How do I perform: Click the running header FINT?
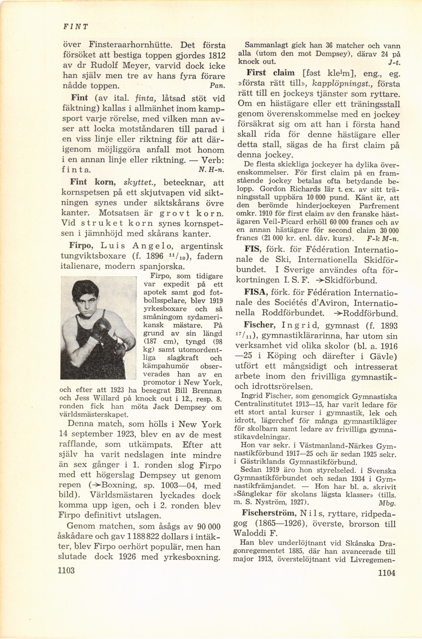pos(75,27)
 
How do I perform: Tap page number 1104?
pos(386,580)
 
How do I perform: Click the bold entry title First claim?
pos(270,73)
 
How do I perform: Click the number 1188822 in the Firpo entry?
pos(145,536)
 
